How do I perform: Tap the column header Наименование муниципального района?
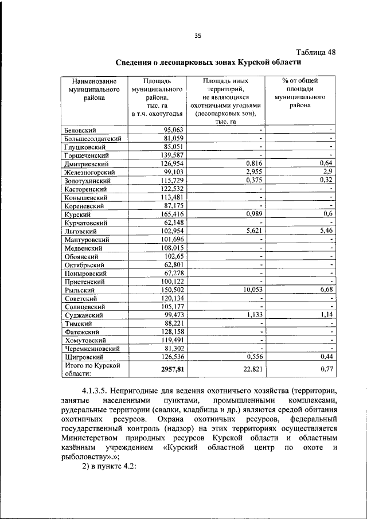pyautogui.click(x=91, y=89)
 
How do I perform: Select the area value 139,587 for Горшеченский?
pyautogui.click(x=171, y=155)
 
